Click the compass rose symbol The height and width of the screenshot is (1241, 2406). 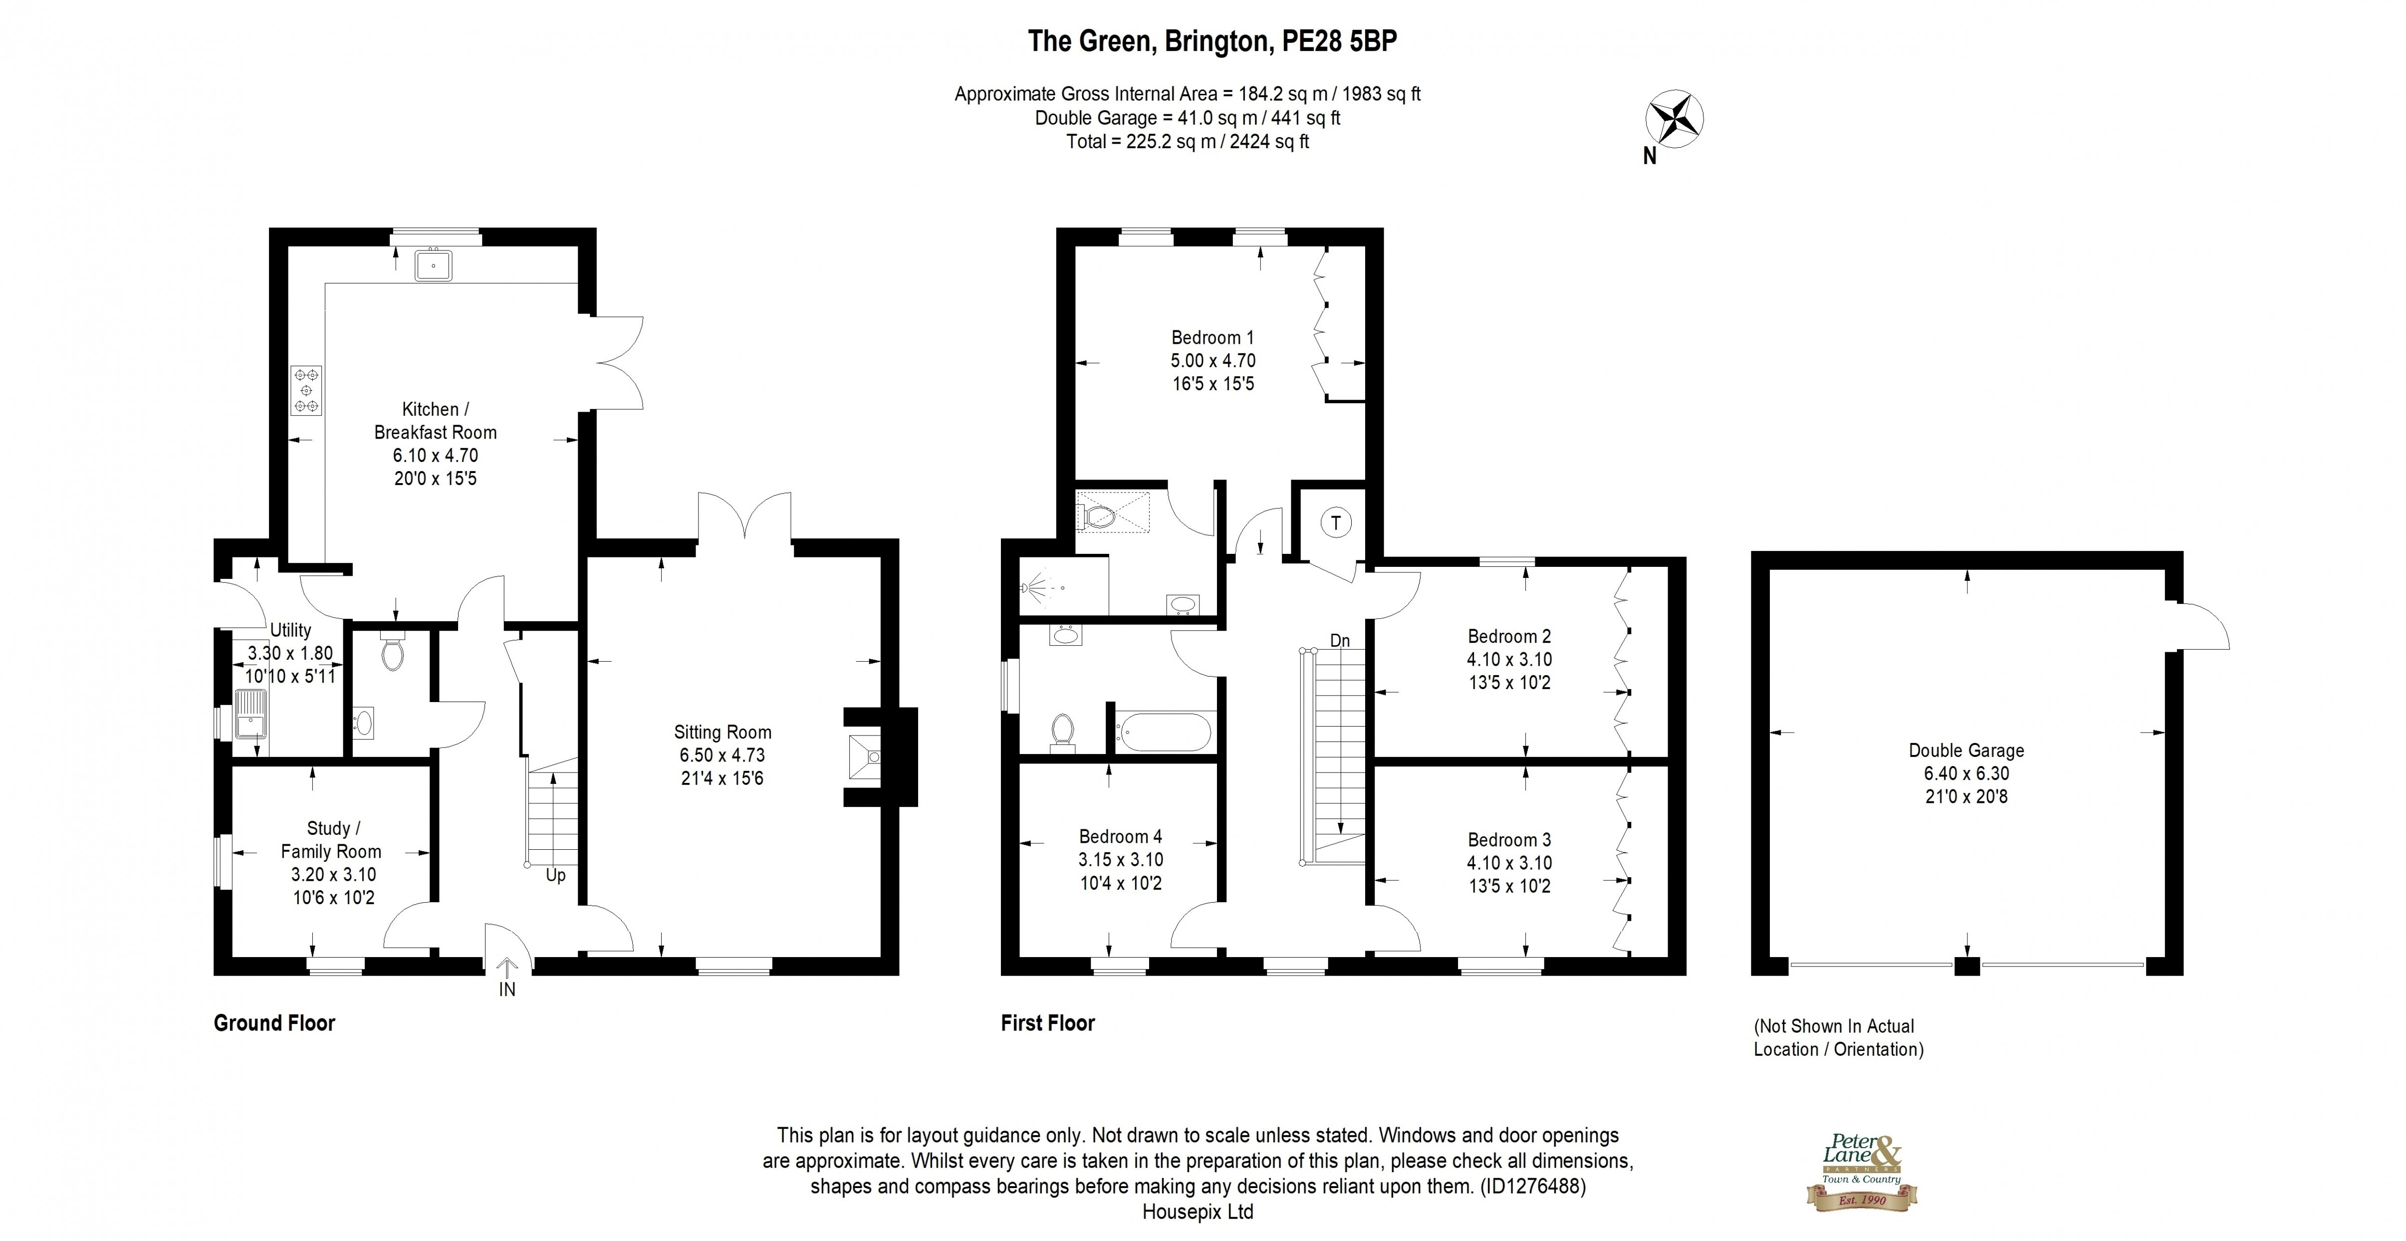click(1673, 120)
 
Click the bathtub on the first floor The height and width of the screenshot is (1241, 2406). click(1164, 732)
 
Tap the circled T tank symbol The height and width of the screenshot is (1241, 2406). click(1336, 523)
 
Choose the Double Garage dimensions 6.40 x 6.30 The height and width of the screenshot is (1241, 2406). click(1966, 773)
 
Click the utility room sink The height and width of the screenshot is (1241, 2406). click(251, 715)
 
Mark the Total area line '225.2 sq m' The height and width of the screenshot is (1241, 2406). click(1187, 142)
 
